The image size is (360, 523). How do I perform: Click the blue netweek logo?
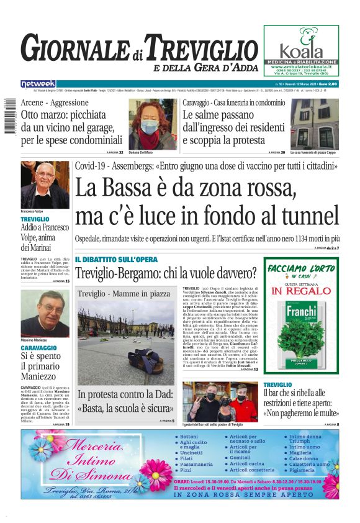(38, 83)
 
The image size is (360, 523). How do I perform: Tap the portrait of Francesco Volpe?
(45, 184)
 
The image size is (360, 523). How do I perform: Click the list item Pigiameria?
(302, 470)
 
